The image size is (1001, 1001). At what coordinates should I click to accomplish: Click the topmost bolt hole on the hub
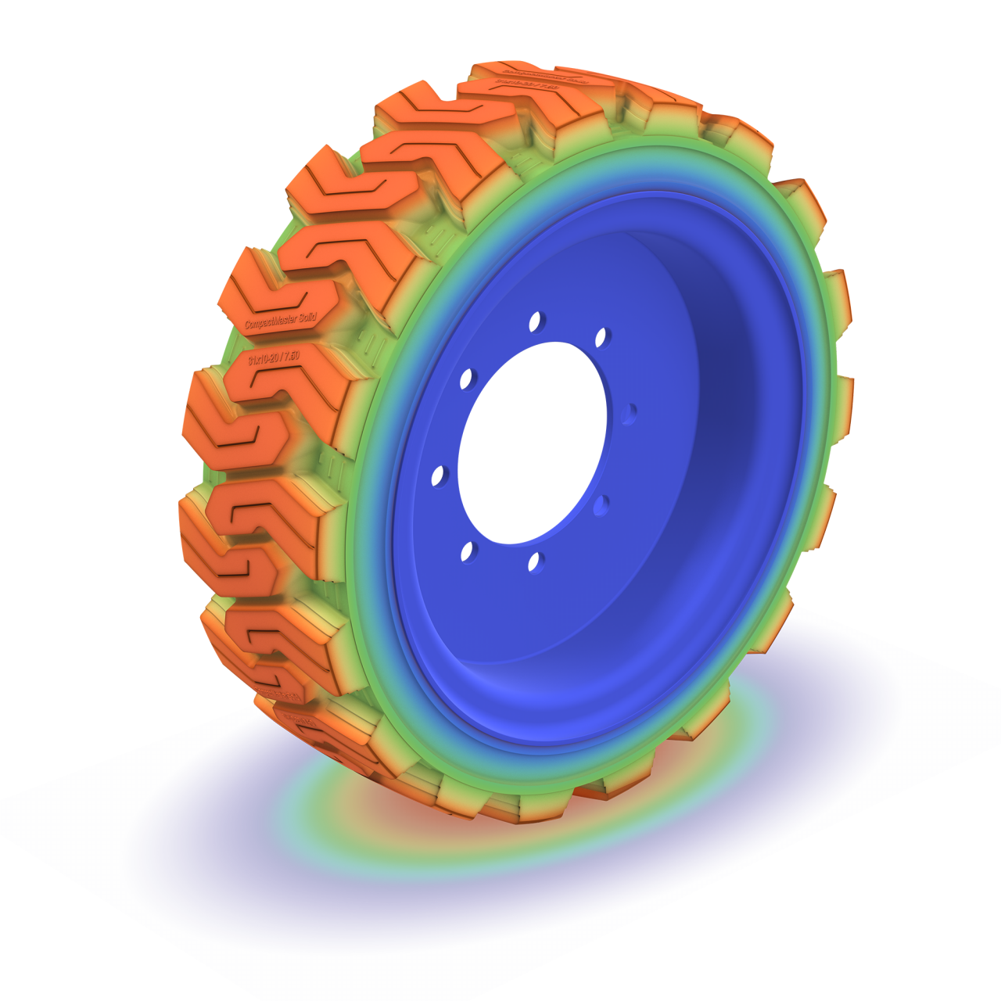pos(539,321)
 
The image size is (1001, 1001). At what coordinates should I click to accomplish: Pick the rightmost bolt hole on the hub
pos(630,413)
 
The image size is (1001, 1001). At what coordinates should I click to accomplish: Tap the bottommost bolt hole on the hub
pos(536,562)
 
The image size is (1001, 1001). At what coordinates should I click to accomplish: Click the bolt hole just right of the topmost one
pos(604,338)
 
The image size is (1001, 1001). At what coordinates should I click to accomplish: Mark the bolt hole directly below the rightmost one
pos(601,505)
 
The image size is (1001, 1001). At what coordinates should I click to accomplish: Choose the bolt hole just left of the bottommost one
pos(470,552)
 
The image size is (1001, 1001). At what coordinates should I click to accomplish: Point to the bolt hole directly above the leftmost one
pos(470,379)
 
